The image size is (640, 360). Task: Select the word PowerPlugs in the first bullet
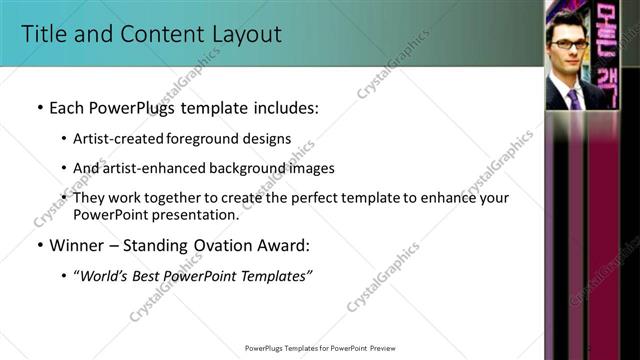(x=132, y=106)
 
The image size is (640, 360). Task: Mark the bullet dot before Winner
(x=39, y=245)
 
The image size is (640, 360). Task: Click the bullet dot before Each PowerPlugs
(x=39, y=106)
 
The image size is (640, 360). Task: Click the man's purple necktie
(x=573, y=99)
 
